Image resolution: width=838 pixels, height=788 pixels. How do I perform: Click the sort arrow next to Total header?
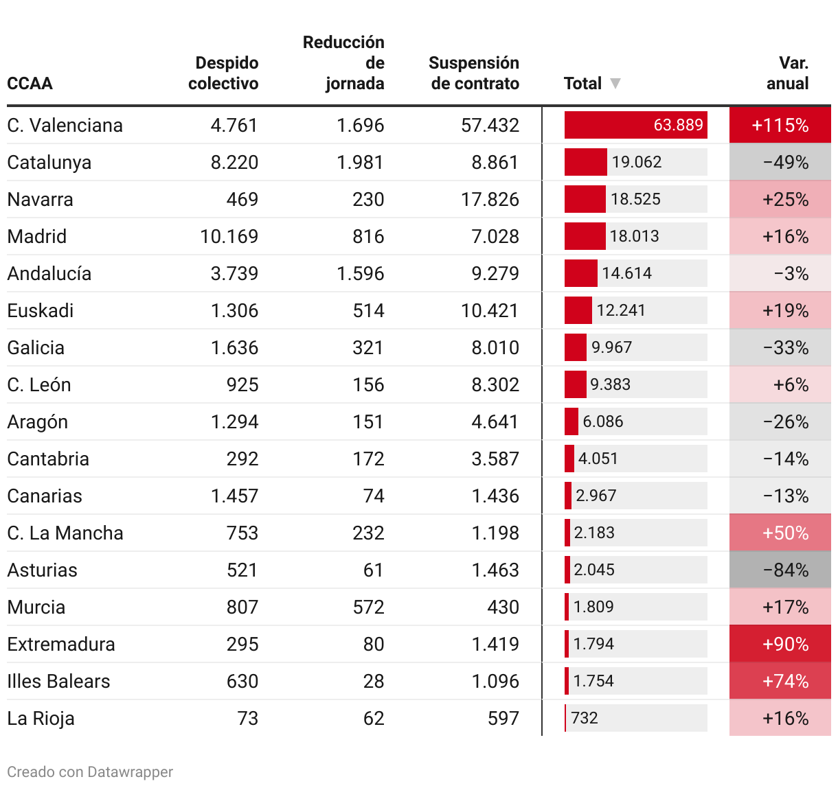pos(615,84)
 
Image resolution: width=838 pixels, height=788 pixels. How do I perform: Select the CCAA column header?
pos(30,84)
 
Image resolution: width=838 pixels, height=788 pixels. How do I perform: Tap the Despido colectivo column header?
pos(224,73)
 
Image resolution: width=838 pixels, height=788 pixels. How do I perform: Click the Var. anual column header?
pos(788,73)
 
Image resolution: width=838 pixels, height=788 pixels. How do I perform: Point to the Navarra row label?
pos(40,200)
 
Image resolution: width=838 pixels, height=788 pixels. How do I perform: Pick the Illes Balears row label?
pos(58,682)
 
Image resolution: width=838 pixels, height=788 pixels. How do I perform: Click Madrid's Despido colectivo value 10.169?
pos(229,237)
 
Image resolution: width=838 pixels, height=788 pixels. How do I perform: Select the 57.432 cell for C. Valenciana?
pos(490,126)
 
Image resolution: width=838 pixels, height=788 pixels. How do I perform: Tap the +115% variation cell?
pos(780,126)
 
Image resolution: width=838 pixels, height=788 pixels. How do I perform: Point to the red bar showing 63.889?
pos(635,125)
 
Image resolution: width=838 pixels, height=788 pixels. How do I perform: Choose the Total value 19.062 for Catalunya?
pos(637,163)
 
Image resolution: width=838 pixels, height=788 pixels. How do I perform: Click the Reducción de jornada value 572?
pos(368,607)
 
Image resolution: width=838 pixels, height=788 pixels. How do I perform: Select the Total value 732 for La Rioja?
pos(585,719)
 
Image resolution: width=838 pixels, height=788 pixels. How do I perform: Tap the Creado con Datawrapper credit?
pos(90,772)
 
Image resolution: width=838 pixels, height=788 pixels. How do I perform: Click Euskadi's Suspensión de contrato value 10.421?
pos(490,311)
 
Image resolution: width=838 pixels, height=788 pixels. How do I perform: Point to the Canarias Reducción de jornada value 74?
pos(374,496)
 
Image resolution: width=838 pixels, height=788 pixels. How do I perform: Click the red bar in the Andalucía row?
pos(580,273)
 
